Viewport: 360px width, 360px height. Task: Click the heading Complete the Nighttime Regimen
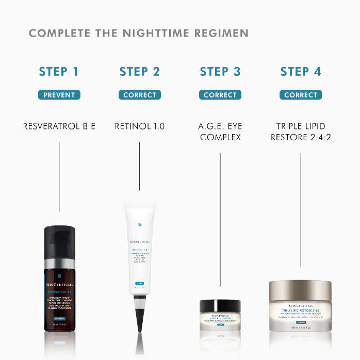138,34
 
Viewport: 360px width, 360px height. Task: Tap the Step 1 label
59,72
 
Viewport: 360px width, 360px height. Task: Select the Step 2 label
140,72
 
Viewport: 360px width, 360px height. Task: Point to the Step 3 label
220,72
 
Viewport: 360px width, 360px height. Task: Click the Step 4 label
301,72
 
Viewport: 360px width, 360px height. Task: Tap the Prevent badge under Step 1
59,95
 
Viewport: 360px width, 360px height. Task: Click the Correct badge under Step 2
140,95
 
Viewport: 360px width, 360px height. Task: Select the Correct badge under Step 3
220,95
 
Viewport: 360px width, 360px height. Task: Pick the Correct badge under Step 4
301,95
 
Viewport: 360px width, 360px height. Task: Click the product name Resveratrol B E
59,126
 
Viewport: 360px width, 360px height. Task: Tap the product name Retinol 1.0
140,126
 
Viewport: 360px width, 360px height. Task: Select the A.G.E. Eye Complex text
220,132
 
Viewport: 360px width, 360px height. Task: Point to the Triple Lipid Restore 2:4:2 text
301,132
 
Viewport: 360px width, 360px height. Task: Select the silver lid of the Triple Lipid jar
301,290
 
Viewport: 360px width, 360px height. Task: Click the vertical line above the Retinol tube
139,166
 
